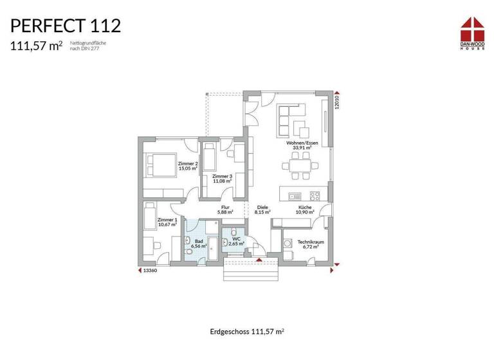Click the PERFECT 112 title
point(65,26)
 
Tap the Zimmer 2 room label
point(188,166)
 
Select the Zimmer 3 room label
point(222,178)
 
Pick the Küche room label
point(304,210)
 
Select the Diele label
point(262,210)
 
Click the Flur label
point(224,210)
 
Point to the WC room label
point(236,242)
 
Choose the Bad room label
point(199,243)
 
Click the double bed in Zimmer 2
point(158,165)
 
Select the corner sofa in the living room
point(291,119)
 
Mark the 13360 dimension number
point(150,271)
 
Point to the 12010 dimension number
point(336,103)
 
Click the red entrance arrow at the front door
point(259,260)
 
